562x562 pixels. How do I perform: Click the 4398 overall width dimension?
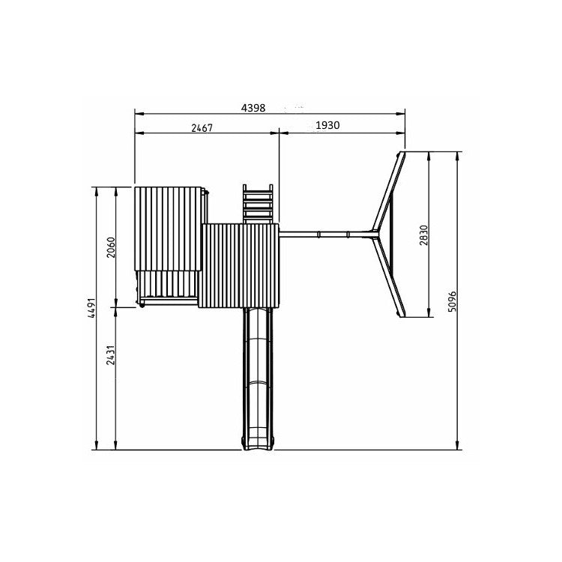click(253, 107)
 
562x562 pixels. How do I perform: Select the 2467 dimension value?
click(202, 127)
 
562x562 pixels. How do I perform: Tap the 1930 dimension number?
click(327, 125)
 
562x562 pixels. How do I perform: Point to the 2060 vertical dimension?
click(111, 247)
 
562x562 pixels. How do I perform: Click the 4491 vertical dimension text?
click(91, 308)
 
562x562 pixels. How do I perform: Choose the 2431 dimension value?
click(110, 355)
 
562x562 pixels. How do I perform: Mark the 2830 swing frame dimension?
click(424, 235)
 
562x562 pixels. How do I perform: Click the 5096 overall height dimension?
click(453, 301)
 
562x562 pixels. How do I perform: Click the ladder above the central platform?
click(258, 205)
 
